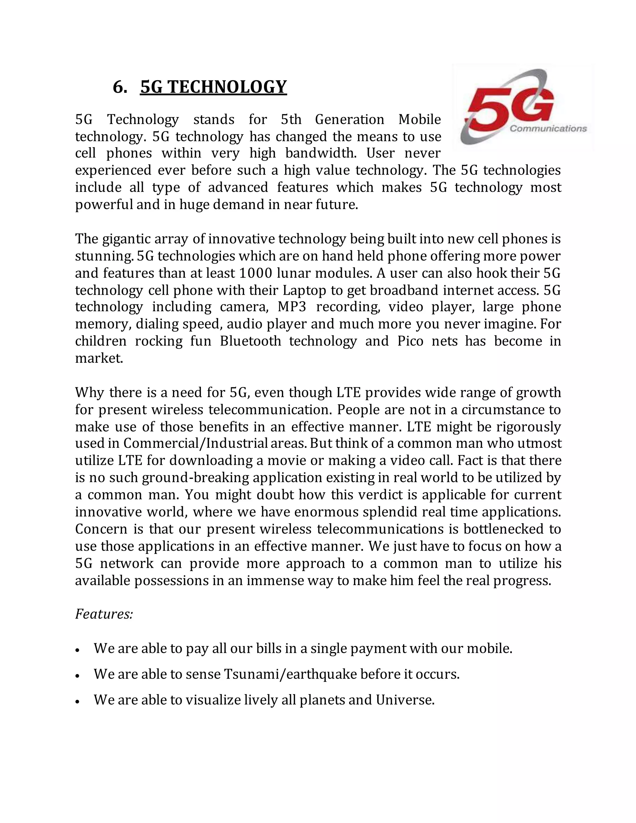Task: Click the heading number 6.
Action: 120,87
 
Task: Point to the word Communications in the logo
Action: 548,129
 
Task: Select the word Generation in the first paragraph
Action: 349,120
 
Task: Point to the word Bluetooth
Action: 250,341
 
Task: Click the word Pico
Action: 410,341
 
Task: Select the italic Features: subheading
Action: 104,614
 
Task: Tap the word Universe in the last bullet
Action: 405,700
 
